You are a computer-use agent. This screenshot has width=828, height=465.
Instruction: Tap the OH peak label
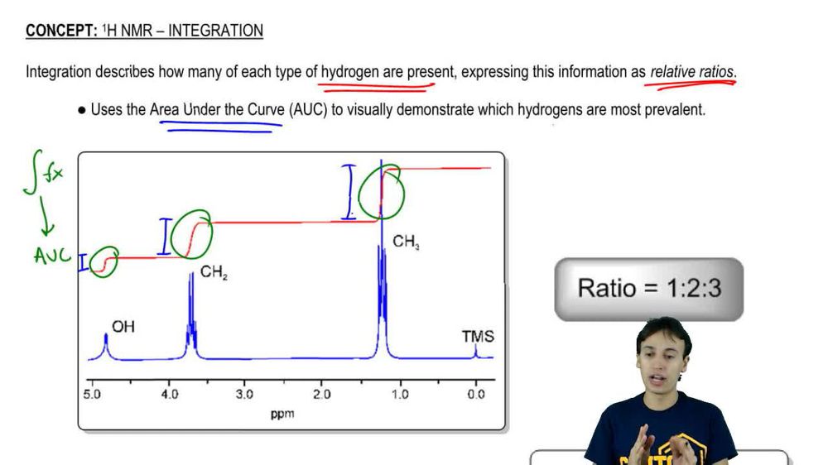123,327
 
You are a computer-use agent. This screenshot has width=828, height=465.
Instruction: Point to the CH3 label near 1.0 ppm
406,242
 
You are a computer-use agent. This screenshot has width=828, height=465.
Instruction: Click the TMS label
478,336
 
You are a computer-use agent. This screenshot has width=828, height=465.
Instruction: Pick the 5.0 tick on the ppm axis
92,395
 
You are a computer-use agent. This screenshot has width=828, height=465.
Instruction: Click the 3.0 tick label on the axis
245,395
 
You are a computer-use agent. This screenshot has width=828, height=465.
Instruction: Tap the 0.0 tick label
475,395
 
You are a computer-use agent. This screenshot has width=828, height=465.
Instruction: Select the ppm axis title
282,413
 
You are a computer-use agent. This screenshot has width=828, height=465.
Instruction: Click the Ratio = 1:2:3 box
649,288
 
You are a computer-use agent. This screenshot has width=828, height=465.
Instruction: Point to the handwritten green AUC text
52,256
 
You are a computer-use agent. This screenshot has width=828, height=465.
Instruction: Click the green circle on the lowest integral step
104,261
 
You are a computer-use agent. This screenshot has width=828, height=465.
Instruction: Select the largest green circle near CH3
382,192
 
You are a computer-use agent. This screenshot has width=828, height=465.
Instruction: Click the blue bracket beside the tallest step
349,192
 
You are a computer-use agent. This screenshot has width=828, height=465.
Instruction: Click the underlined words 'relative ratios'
692,72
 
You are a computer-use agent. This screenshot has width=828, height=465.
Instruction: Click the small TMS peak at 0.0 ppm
476,352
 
